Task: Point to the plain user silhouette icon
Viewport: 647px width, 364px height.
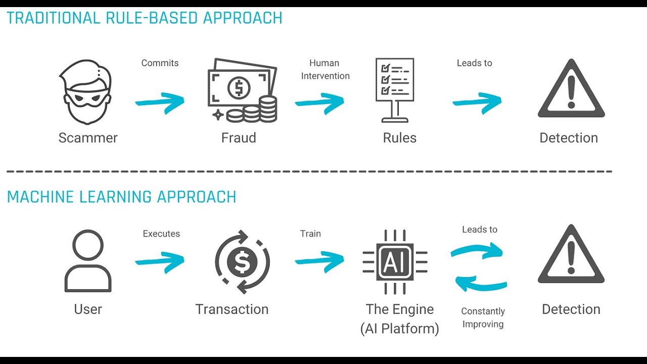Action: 88,261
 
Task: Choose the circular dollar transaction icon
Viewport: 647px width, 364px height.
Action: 243,262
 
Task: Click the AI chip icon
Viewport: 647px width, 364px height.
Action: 395,262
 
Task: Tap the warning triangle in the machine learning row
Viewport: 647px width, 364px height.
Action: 571,256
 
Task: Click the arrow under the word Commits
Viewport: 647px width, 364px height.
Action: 160,102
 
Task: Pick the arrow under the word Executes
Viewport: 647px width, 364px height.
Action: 160,261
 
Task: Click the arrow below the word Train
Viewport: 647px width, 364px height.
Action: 319,261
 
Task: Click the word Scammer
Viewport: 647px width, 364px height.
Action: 88,138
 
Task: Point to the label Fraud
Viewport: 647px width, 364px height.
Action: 239,138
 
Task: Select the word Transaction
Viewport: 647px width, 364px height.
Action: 232,309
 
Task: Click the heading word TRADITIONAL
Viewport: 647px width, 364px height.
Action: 54,18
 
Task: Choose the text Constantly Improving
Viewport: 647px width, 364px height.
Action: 483,317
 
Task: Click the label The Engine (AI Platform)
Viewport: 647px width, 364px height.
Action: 399,319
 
